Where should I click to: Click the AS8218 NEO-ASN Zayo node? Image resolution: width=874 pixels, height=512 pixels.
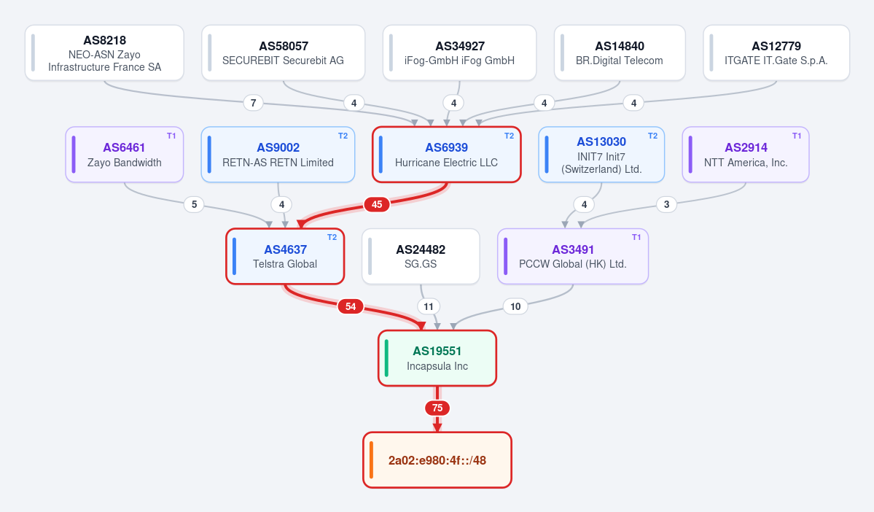pos(104,53)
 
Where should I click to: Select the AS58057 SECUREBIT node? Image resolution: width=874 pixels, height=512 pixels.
pos(283,53)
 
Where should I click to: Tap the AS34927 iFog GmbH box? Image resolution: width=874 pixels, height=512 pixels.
pos(459,53)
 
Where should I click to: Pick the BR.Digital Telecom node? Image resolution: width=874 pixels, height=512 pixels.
pos(620,53)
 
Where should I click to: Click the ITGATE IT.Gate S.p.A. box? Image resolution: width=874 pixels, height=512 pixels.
pos(776,53)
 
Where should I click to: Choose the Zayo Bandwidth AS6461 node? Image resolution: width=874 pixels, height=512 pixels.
pos(125,155)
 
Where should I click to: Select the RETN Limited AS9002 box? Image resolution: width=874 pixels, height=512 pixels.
pos(278,155)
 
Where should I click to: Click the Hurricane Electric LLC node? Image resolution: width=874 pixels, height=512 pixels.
pos(446,155)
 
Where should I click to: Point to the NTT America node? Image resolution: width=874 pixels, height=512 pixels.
pos(746,155)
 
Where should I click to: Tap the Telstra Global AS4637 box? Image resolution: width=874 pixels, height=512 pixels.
pos(285,257)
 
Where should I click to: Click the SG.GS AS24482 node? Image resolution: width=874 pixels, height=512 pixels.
pos(421,257)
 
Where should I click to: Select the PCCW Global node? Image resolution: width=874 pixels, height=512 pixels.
pos(573,257)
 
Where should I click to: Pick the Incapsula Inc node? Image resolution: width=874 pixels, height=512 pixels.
pos(437,358)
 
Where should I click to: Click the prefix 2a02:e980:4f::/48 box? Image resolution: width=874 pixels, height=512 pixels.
pos(437,460)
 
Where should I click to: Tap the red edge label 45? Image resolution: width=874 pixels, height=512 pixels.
pos(377,205)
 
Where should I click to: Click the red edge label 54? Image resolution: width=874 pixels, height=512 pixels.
pos(351,306)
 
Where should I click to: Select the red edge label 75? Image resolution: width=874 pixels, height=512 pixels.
pos(437,408)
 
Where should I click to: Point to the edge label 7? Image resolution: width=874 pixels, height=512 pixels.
pos(253,103)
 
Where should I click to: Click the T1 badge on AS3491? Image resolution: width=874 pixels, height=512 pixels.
pos(636,238)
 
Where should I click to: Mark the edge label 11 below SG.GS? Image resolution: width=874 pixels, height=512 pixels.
pos(428,306)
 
